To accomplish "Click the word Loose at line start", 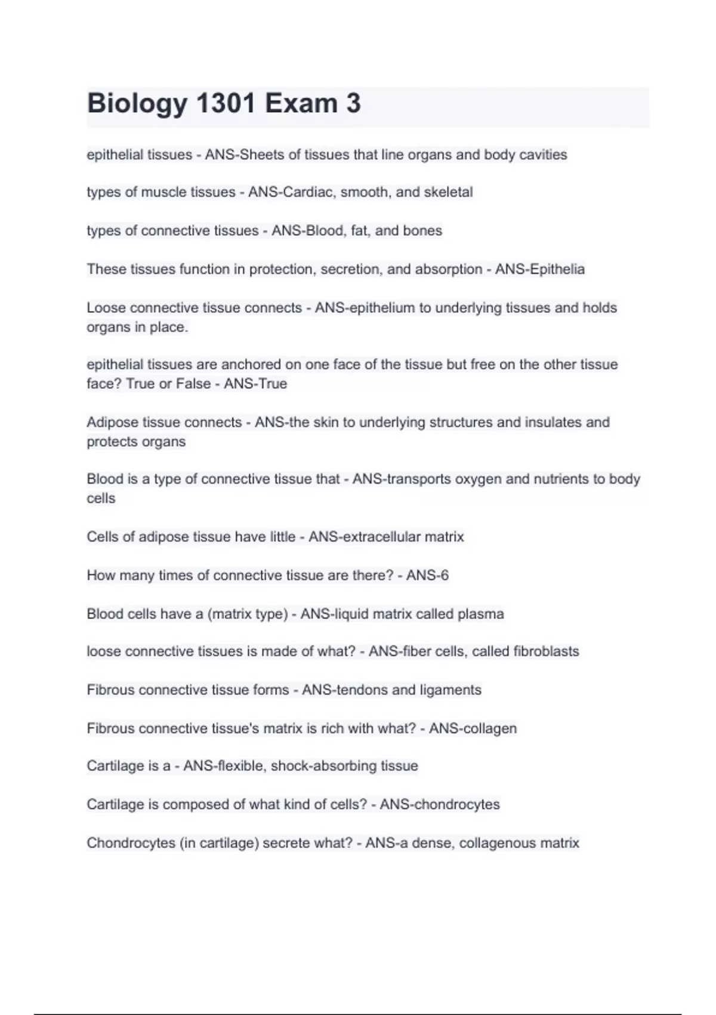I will click(106, 308).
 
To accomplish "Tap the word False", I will click(193, 384).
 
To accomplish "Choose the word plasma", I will click(481, 614).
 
